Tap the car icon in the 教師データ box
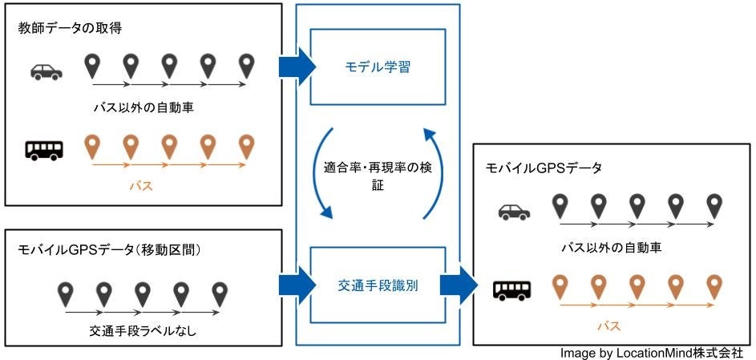click(46, 71)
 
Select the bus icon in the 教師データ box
click(44, 149)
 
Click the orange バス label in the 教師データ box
click(140, 187)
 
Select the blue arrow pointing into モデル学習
click(297, 67)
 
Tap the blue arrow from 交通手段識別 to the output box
click(457, 285)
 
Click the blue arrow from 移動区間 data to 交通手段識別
click(297, 285)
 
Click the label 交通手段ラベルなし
click(141, 330)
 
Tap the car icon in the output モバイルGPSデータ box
click(514, 212)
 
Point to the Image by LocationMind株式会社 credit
click(652, 353)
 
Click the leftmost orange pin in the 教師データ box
click(93, 147)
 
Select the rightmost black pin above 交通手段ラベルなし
click(219, 292)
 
